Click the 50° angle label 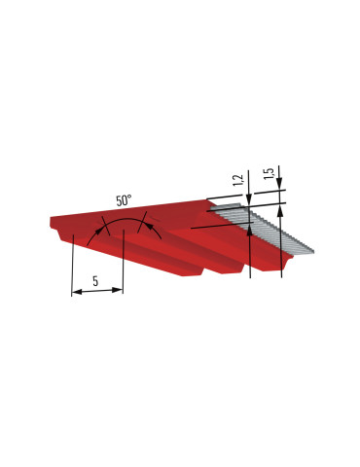tap(124, 200)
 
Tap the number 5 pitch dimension tap(95, 281)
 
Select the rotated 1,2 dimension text tap(238, 180)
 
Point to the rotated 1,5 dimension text tap(269, 173)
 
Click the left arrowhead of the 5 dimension tap(76, 292)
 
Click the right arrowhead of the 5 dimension tap(118, 290)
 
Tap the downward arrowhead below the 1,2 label tap(249, 199)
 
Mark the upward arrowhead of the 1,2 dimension tap(250, 229)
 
